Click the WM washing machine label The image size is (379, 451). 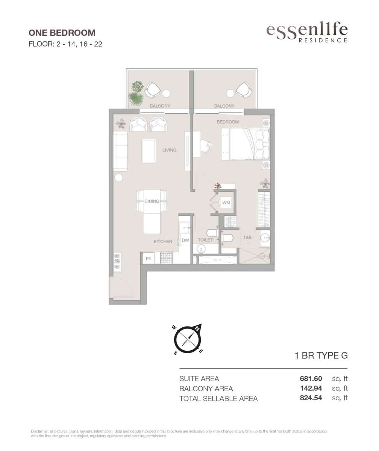(x=226, y=203)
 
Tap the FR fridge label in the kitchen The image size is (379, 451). (x=149, y=259)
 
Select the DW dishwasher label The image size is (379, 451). (x=185, y=240)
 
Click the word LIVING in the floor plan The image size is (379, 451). (x=170, y=150)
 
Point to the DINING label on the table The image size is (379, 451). (x=152, y=201)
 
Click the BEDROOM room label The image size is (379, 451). (x=228, y=122)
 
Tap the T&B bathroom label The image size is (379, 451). (x=247, y=238)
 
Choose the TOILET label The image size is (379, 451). (x=205, y=240)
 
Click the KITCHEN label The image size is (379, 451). (x=163, y=242)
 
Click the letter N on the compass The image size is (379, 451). (x=197, y=335)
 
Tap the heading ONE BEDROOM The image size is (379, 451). (x=62, y=33)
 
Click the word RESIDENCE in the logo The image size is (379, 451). (x=323, y=40)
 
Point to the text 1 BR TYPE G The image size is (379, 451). (x=321, y=356)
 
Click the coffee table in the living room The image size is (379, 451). (x=149, y=151)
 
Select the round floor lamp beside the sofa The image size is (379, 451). (x=119, y=178)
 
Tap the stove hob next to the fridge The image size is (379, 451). (x=167, y=258)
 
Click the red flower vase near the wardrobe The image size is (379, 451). (x=218, y=186)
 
